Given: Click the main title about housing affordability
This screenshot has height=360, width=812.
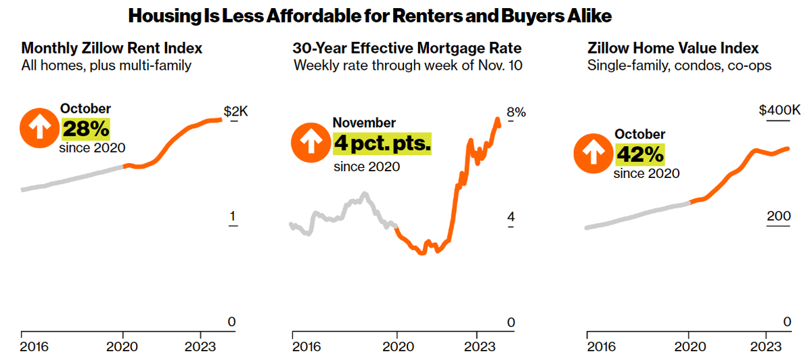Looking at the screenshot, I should tap(406, 15).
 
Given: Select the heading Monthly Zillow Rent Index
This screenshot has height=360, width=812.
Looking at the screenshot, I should tap(112, 49).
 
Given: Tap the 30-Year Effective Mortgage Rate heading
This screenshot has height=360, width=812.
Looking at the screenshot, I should tap(407, 49).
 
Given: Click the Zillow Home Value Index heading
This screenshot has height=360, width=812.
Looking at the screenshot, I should tap(673, 49).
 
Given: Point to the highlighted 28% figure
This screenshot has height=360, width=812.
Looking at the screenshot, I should tap(85, 128).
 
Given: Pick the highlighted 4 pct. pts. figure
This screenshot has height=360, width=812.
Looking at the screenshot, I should tap(382, 143).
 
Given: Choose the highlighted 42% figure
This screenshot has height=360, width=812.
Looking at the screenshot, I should tap(639, 154).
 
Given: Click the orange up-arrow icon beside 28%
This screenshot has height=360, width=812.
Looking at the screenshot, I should tap(39, 127).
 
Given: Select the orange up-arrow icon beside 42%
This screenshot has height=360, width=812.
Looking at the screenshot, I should tap(592, 154).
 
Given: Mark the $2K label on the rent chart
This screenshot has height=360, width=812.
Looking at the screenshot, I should tap(235, 112).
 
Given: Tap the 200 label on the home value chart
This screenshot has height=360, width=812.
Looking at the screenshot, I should tap(778, 217).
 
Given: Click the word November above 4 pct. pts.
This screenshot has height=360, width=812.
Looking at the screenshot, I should tap(364, 123).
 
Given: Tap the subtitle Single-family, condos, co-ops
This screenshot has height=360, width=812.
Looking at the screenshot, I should tap(679, 66).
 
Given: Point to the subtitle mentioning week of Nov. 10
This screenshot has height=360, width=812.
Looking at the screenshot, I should tap(408, 66).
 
